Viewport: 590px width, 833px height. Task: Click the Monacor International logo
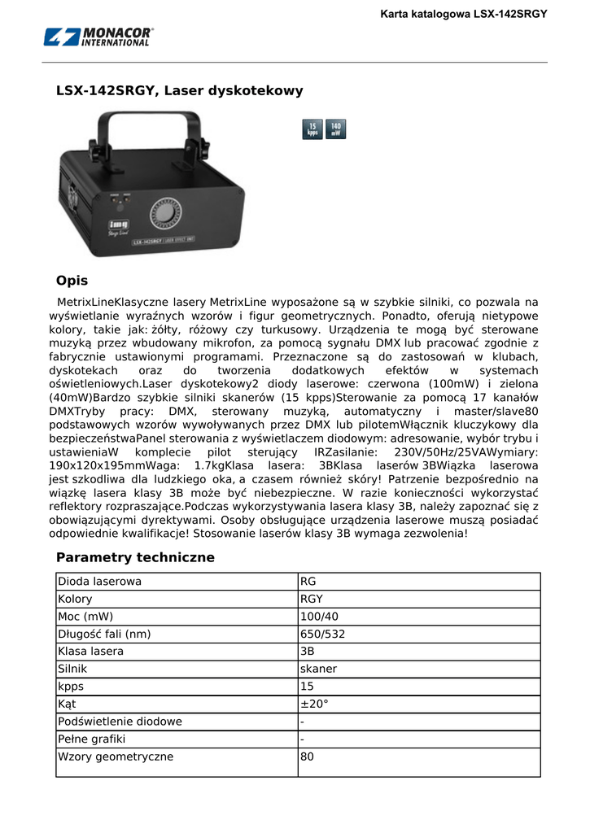(98, 37)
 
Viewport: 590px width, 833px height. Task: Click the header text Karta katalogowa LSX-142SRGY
(465, 14)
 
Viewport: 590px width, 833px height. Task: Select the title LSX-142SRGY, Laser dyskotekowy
(179, 90)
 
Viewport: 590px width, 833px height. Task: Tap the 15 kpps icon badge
(312, 129)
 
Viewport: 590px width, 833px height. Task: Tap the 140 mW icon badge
(335, 129)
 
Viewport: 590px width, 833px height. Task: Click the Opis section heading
(72, 281)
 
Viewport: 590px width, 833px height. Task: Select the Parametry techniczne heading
(135, 557)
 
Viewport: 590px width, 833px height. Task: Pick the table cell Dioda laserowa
(99, 581)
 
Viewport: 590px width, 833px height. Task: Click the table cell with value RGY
(312, 599)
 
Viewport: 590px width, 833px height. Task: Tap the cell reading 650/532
(322, 634)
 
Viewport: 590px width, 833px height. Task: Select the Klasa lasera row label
(90, 652)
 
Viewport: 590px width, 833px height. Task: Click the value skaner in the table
(318, 669)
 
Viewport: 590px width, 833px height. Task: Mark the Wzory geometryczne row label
(115, 757)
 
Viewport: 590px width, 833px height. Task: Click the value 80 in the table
(307, 757)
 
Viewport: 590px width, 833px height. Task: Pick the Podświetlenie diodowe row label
(120, 722)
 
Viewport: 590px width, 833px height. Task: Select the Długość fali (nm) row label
(104, 634)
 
